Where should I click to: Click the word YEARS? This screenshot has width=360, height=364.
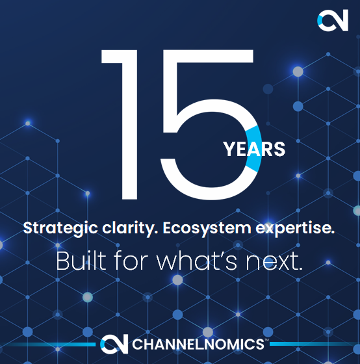pyautogui.click(x=254, y=149)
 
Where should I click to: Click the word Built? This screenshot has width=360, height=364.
pyautogui.click(x=79, y=261)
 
